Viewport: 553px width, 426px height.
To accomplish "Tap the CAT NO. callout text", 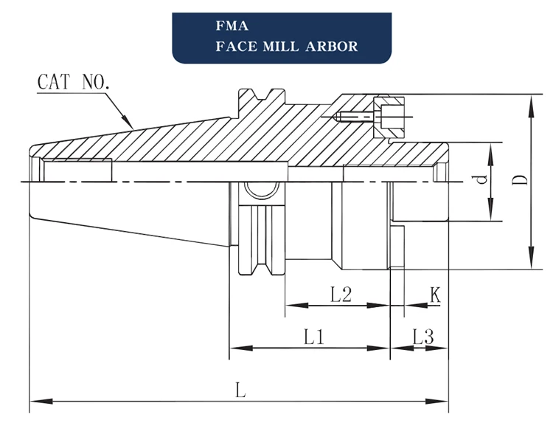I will coord(73,81).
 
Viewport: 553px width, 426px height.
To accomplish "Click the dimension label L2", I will coord(340,295).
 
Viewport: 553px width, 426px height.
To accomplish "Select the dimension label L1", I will coord(315,337).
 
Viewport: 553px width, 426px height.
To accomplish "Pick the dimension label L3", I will coord(422,337).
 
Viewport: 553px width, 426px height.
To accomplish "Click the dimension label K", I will coord(435,295).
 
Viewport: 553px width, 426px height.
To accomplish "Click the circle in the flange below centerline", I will coord(258,190).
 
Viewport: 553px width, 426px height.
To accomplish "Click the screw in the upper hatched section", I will coord(358,115).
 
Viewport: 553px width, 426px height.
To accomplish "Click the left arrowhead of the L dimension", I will coord(34,402).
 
